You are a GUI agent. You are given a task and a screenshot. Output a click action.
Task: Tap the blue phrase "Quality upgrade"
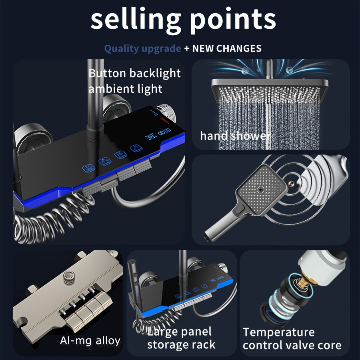point(142,49)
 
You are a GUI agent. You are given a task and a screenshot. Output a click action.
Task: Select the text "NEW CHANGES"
point(227,48)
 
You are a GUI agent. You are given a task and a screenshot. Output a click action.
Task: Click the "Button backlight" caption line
point(134,73)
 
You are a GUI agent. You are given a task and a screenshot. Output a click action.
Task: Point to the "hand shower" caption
point(236,136)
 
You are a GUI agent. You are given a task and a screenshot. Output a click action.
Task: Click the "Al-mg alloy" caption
point(90,341)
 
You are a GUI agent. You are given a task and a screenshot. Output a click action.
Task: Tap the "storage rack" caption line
point(181,345)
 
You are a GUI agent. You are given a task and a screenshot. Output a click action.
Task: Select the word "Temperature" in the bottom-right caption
point(279,332)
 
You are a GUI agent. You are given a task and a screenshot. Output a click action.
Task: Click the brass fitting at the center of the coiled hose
point(291,183)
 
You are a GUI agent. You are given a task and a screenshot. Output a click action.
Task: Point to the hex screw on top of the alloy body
point(69,277)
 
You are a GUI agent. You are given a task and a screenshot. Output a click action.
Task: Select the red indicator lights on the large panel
point(165,120)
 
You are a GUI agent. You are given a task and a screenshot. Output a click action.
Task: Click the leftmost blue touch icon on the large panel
point(88,168)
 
